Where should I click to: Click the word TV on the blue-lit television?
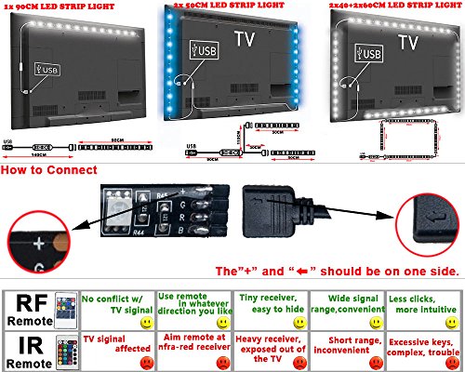(x=245, y=40)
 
